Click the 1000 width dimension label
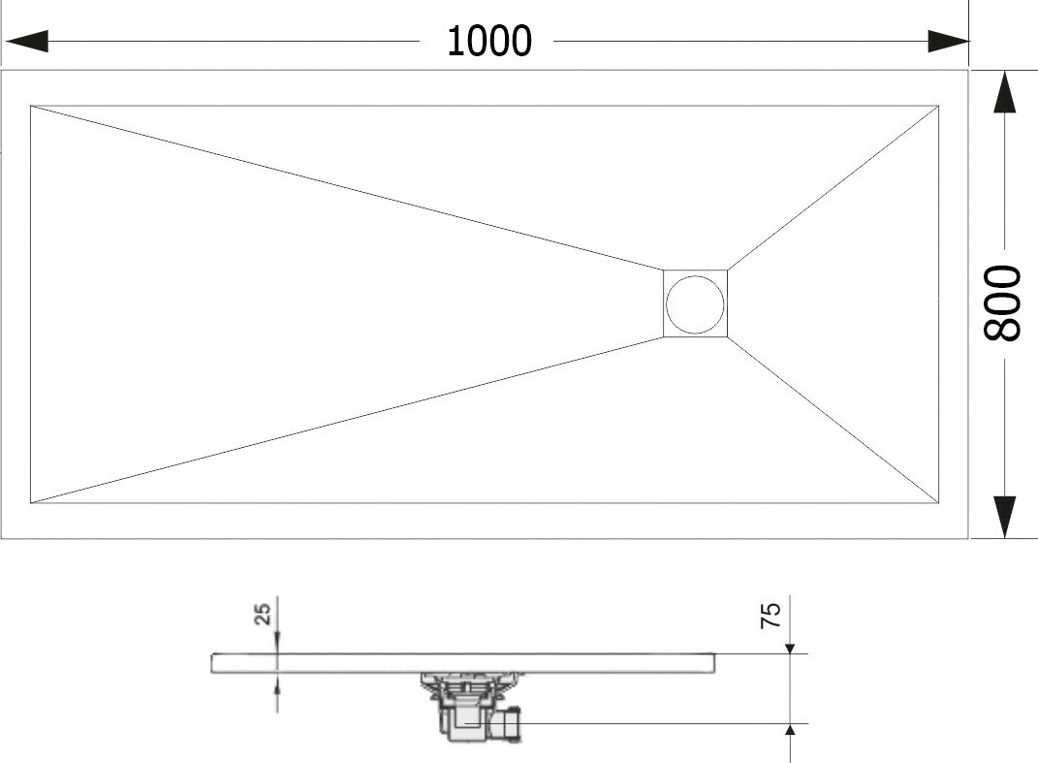tap(489, 41)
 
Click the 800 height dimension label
tap(1003, 303)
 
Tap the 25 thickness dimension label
tap(263, 614)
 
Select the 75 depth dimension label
tap(771, 616)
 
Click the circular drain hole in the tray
tap(695, 304)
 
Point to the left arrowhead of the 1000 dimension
tap(26, 41)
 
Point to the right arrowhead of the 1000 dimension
tap(949, 41)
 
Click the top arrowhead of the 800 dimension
tap(1005, 92)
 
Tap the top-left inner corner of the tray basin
tap(30, 106)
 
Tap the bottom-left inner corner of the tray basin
tap(30, 503)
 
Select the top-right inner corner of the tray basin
tap(939, 106)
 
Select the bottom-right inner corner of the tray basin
tap(939, 503)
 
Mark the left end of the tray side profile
tap(212, 664)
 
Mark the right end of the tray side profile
tap(715, 664)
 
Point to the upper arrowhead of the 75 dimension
tap(790, 648)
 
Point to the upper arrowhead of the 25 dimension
tap(277, 647)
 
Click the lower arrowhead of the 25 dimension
tap(277, 681)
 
